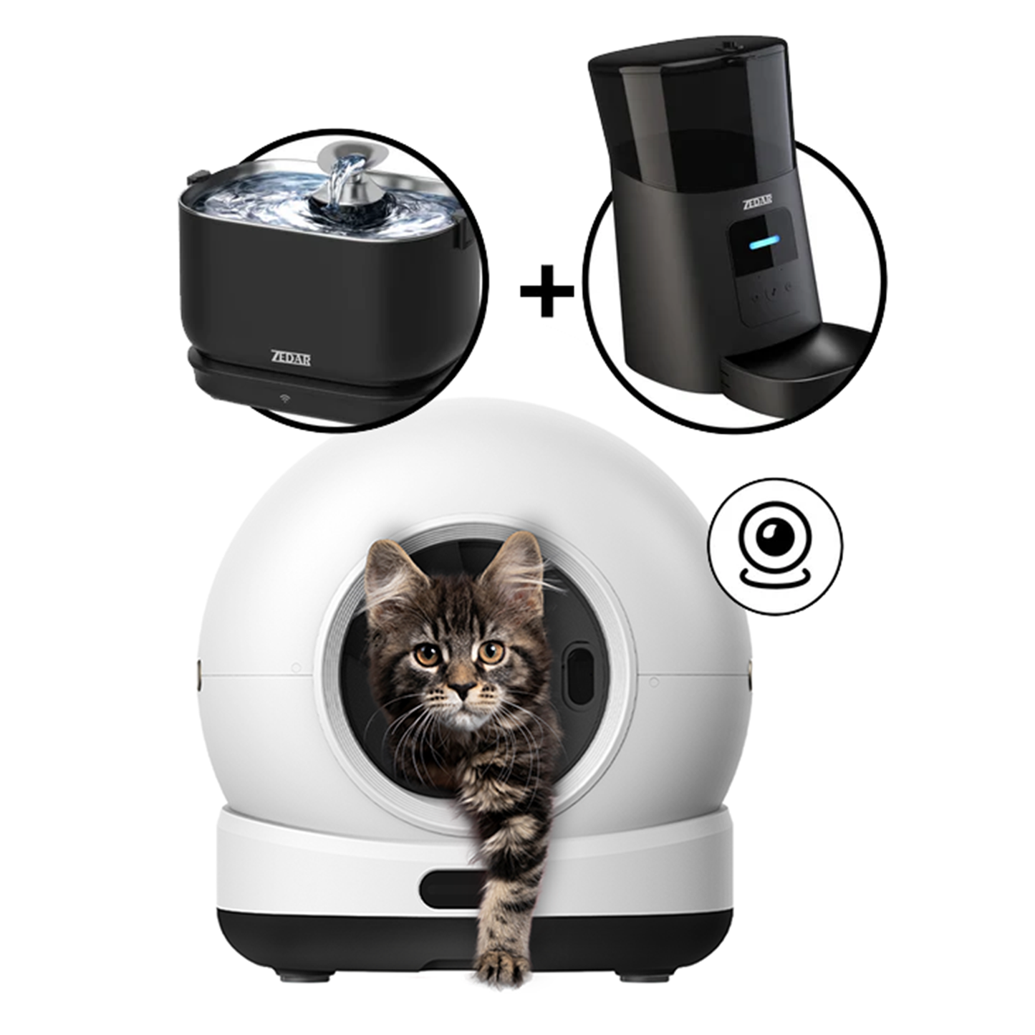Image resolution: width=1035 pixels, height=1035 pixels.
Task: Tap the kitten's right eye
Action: pyautogui.click(x=491, y=652)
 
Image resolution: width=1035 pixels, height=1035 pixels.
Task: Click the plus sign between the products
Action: pyautogui.click(x=547, y=291)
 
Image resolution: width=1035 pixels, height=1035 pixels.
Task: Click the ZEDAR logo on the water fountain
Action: pyautogui.click(x=290, y=358)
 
